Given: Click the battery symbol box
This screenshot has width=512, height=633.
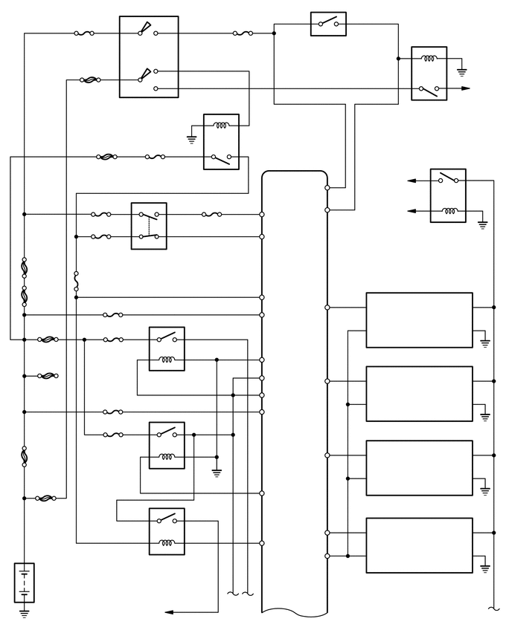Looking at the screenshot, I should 24,582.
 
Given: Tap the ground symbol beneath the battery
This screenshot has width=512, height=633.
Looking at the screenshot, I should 24,614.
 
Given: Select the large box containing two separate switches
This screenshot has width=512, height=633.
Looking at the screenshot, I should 149,56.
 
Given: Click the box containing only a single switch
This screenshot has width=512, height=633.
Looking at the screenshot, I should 328,24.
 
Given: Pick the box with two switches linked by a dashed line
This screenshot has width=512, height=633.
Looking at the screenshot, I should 149,225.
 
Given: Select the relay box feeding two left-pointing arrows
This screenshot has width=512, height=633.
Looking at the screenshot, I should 448,195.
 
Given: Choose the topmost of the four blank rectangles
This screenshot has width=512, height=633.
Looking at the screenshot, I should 419,319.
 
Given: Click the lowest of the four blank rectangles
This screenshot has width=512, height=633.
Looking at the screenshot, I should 419,545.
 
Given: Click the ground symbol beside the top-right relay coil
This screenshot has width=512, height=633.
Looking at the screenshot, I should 461,72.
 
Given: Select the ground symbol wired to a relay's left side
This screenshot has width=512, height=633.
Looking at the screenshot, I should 191,138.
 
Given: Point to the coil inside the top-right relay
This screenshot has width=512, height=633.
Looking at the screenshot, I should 429,60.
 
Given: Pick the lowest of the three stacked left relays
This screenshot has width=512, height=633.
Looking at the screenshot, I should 167,530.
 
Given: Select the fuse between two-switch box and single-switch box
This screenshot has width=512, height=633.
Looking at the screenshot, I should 243,33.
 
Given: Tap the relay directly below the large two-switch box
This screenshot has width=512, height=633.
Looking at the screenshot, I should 221,141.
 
